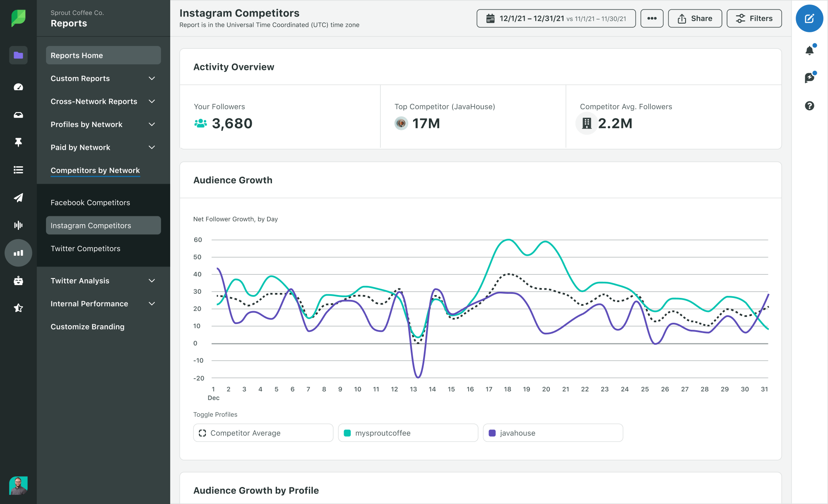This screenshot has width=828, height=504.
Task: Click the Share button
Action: coord(695,19)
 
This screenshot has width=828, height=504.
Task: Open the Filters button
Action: coord(754,19)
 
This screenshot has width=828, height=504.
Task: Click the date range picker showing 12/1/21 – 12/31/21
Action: coord(556,19)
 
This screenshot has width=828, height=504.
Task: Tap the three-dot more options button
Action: coord(652,19)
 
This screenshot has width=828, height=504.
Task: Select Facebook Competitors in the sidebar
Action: coord(90,203)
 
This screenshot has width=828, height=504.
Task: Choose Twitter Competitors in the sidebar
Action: coord(85,249)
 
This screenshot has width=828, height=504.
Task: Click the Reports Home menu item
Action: coord(103,55)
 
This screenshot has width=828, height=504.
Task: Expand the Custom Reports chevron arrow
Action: coord(152,79)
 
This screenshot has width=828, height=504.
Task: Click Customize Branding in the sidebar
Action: coord(87,327)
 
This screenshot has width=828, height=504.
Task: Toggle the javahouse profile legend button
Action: coord(553,433)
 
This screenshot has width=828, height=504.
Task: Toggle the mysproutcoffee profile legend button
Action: coord(408,433)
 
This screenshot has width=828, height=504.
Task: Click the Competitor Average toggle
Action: coord(263,433)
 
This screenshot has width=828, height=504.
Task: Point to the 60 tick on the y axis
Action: coord(198,240)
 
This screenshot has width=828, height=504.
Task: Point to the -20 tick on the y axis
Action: coord(199,378)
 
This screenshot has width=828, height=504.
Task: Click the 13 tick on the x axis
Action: coord(413,389)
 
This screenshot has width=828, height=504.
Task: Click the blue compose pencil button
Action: coord(809,19)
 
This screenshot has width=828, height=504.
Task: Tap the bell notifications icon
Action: coord(809,51)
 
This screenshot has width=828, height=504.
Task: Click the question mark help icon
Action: coord(809,106)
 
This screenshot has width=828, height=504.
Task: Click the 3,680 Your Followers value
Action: coord(232,124)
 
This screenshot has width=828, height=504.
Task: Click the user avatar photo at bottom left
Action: coord(18,485)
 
